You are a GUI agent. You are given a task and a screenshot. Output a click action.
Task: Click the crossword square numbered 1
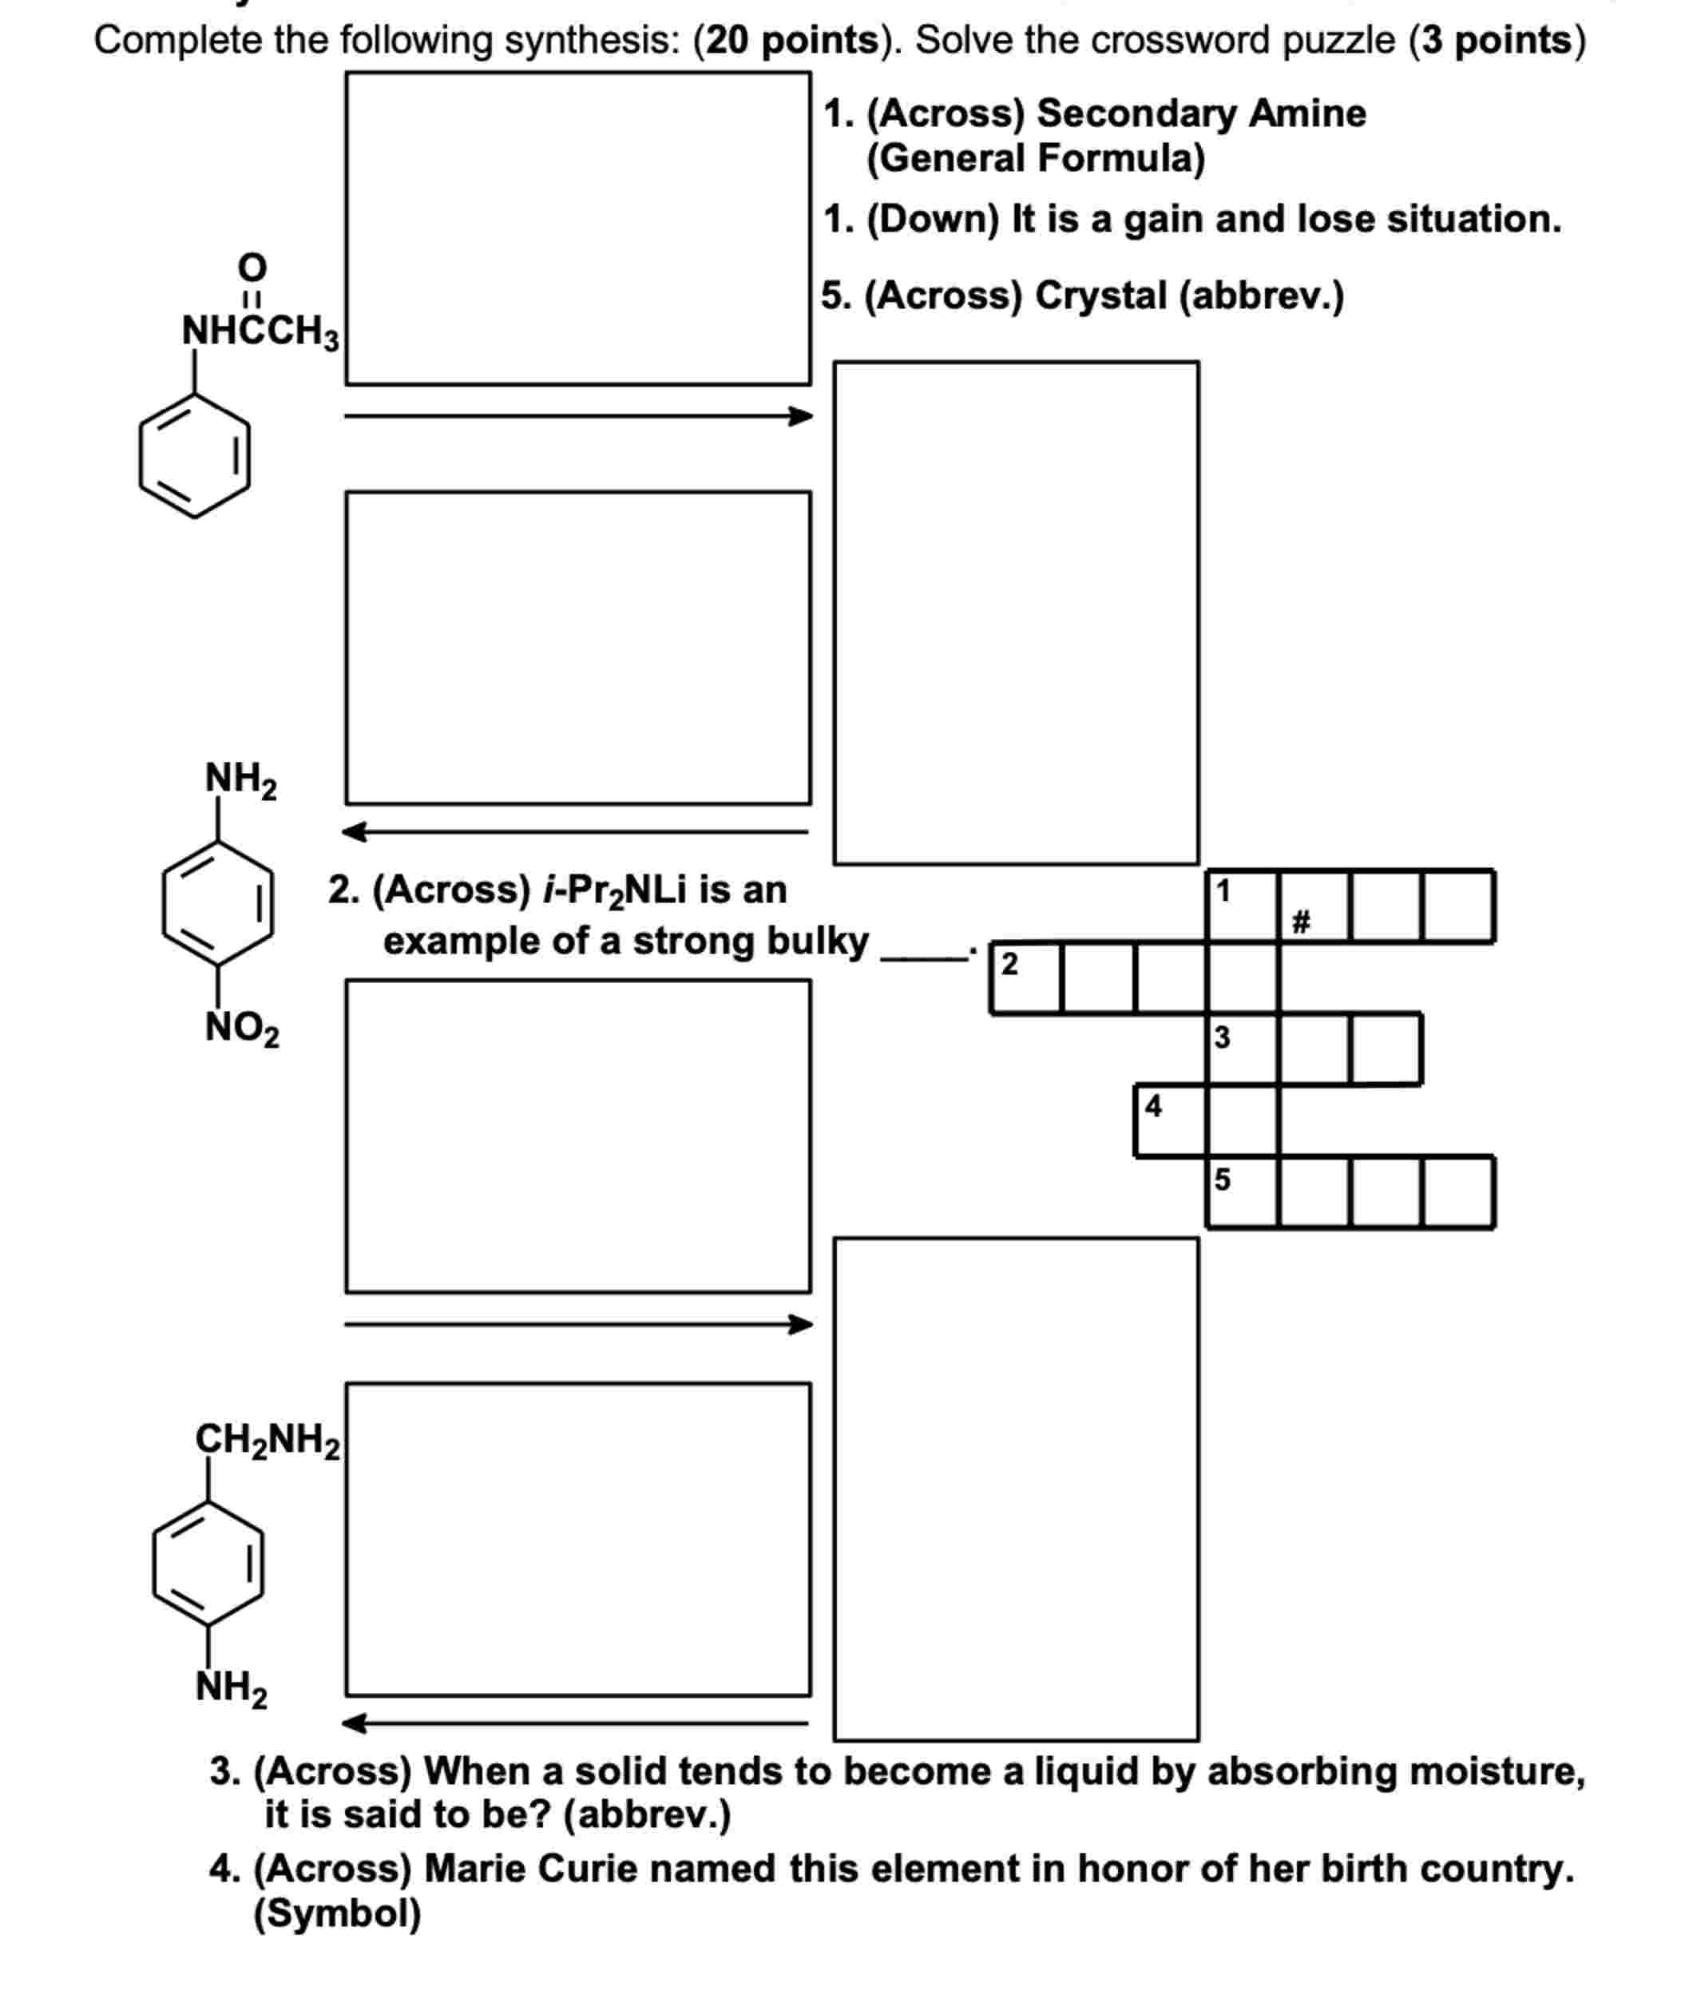pos(1242,906)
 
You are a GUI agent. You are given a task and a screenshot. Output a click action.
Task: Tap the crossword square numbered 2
pos(1025,977)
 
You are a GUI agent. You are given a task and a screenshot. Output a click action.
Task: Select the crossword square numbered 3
pos(1242,1049)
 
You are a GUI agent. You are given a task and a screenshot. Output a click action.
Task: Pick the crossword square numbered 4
pos(1170,1121)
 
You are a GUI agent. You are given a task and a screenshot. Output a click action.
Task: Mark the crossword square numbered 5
pos(1242,1193)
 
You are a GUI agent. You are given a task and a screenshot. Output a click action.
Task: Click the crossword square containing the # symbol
pos(1314,906)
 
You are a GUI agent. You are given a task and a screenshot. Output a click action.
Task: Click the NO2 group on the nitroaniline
pos(242,1029)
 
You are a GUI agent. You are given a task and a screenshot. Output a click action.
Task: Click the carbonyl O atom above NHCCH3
pos(252,265)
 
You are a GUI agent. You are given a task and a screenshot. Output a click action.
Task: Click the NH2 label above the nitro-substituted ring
pos(240,779)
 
